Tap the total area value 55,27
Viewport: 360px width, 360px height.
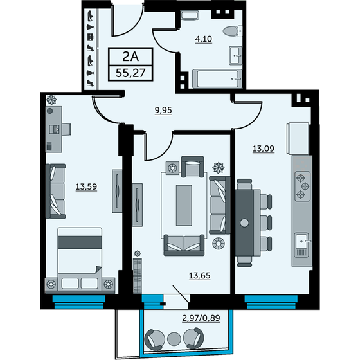(130, 73)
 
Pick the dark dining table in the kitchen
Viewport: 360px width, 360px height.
(244, 222)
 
